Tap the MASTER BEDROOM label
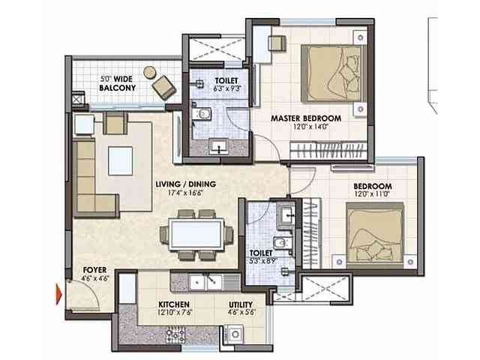(x=306, y=118)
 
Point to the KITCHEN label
(x=173, y=305)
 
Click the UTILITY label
(x=241, y=305)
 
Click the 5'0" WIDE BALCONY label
(x=118, y=83)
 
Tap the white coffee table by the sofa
(x=121, y=160)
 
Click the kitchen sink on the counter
(x=200, y=282)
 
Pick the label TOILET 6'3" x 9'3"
(x=226, y=82)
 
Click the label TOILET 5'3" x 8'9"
(x=262, y=259)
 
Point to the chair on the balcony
(x=163, y=86)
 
